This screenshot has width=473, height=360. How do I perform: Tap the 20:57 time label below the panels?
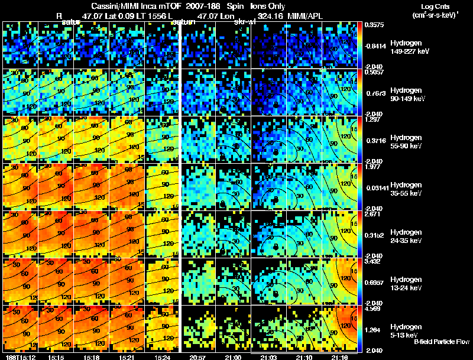(197, 356)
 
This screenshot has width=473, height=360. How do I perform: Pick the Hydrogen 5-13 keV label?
(407, 330)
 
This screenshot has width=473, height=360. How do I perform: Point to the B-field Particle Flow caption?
(442, 342)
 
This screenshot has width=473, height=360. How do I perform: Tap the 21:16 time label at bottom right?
(339, 356)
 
